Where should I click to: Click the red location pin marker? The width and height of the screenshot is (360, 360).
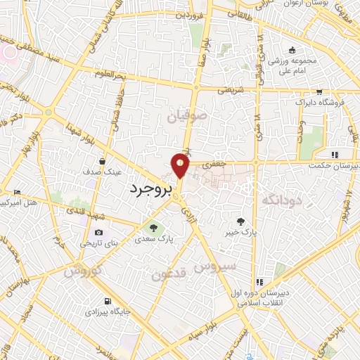181,165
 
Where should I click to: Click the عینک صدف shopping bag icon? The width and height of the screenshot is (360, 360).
103,160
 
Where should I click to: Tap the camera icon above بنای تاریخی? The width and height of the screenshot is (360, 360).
98,233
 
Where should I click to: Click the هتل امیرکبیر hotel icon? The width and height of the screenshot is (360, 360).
17,193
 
